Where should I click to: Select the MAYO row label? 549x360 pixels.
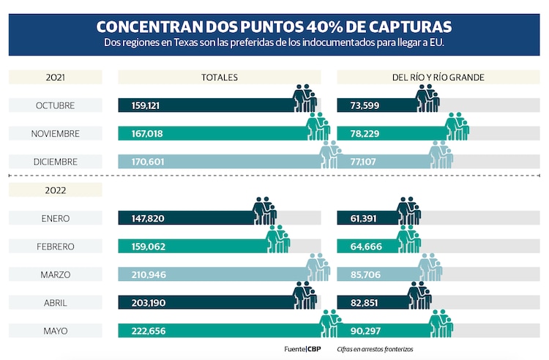tap(56, 331)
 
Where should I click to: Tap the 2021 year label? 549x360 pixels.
tap(56, 77)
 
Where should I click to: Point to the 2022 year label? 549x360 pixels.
tap(56, 190)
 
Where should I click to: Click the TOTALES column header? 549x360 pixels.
tap(220, 77)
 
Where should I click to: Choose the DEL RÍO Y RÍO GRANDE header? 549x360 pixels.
tap(438, 77)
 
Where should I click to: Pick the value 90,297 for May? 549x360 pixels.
tap(361, 331)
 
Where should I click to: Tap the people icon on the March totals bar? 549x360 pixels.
tap(318, 268)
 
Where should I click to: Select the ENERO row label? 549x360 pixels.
tap(56, 217)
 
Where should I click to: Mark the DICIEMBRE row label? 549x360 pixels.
tap(56, 161)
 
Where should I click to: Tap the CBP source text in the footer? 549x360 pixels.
tap(314, 349)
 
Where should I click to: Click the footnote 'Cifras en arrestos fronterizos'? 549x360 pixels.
tap(375, 349)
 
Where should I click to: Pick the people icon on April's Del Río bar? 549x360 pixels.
tap(419, 296)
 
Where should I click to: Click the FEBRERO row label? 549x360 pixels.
tap(56, 246)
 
